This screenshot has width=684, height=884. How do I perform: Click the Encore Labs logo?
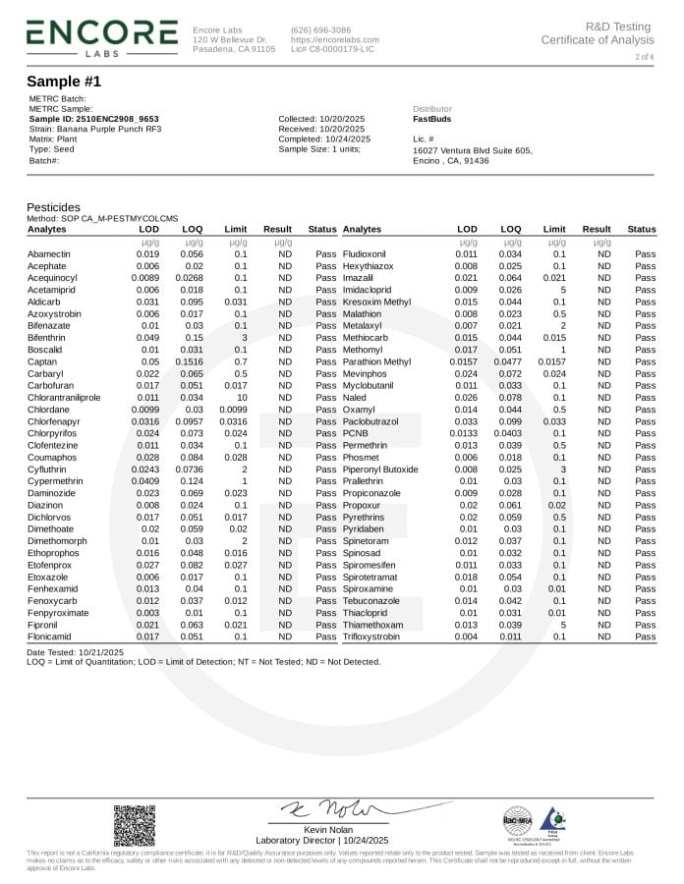(x=101, y=36)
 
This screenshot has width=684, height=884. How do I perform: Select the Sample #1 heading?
(x=64, y=82)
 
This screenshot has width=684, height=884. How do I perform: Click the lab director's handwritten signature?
(x=324, y=809)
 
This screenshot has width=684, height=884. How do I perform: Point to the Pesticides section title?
(x=53, y=208)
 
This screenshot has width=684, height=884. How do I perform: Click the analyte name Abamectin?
(x=48, y=253)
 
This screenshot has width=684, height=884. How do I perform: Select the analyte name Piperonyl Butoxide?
(x=380, y=470)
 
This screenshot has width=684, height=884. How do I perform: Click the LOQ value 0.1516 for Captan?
(x=193, y=361)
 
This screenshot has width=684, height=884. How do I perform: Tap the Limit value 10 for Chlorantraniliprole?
(x=242, y=398)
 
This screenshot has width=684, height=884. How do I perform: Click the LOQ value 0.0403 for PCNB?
(x=510, y=433)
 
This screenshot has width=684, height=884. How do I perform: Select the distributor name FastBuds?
(x=433, y=119)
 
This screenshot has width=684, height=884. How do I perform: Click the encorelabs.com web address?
(x=334, y=39)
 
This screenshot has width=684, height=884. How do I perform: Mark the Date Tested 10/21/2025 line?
(x=75, y=652)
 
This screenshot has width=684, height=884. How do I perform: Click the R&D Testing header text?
(x=618, y=27)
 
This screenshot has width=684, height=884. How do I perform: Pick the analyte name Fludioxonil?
(x=368, y=253)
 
